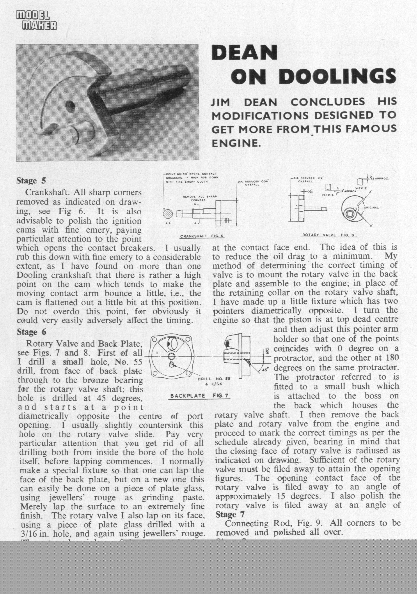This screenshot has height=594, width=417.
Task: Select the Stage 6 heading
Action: click(x=31, y=332)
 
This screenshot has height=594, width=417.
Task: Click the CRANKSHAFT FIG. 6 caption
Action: click(x=202, y=236)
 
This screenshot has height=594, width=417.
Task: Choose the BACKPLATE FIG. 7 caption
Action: click(x=199, y=396)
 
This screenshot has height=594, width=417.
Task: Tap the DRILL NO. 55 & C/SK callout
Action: click(x=214, y=381)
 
